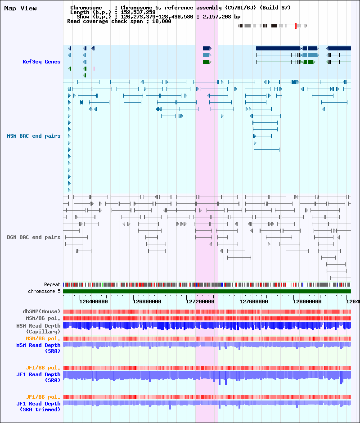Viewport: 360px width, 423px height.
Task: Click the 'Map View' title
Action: [21, 9]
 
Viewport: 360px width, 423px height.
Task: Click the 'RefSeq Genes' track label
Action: [41, 62]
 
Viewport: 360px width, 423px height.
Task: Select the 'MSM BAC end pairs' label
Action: [34, 136]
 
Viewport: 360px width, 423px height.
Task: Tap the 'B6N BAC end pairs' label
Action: [34, 237]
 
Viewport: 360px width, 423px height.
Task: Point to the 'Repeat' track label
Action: [52, 284]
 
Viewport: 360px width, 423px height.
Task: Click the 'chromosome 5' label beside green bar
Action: [44, 291]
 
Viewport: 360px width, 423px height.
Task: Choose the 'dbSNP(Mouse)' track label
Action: [41, 311]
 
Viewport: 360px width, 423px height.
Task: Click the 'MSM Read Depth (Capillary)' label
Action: [38, 329]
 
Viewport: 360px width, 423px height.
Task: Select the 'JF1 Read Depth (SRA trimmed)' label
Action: [38, 406]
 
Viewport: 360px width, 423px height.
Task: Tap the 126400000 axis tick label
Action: [93, 301]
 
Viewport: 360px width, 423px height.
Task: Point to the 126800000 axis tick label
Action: [147, 301]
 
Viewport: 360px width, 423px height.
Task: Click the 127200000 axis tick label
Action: [200, 301]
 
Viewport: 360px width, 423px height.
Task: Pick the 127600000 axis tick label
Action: [254, 301]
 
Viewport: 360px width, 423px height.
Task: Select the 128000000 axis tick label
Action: [307, 301]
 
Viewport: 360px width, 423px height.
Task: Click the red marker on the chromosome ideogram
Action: [296, 26]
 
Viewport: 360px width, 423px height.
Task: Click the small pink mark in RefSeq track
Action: [94, 68]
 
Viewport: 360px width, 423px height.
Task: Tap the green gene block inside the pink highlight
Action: [207, 62]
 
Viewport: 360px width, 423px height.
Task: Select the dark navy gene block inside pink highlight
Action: [207, 48]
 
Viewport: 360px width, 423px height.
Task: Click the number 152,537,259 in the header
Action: [138, 12]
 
